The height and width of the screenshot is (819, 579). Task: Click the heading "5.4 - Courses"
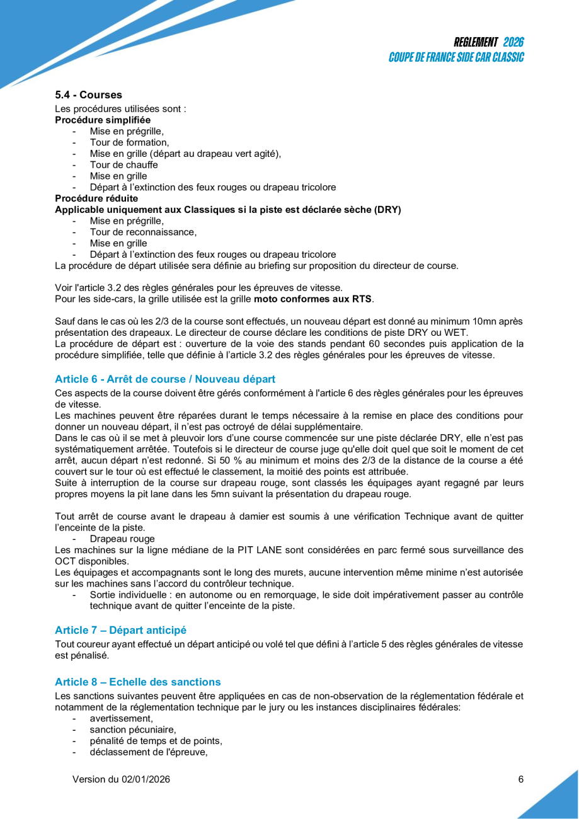88,95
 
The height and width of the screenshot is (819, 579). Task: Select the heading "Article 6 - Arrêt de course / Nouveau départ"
165,379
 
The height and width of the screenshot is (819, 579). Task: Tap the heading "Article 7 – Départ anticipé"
120,630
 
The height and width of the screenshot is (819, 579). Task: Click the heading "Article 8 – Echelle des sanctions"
137,682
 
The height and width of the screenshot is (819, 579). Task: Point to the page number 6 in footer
520,779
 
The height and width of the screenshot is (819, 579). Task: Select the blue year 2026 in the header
513,43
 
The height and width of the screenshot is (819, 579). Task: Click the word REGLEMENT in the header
476,43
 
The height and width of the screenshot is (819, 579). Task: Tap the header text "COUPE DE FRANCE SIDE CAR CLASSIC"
456,57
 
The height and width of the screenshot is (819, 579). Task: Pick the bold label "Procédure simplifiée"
103,120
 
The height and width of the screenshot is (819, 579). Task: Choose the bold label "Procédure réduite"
96,198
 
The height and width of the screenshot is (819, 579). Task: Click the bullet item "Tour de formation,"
125,142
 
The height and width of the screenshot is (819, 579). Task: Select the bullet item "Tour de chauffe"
123,165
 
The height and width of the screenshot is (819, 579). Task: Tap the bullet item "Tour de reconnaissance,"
143,232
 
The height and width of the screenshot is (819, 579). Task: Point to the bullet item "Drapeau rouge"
122,539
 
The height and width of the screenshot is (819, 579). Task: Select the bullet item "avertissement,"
121,718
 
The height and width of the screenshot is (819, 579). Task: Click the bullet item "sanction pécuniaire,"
132,730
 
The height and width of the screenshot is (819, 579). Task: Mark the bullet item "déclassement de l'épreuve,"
149,752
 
